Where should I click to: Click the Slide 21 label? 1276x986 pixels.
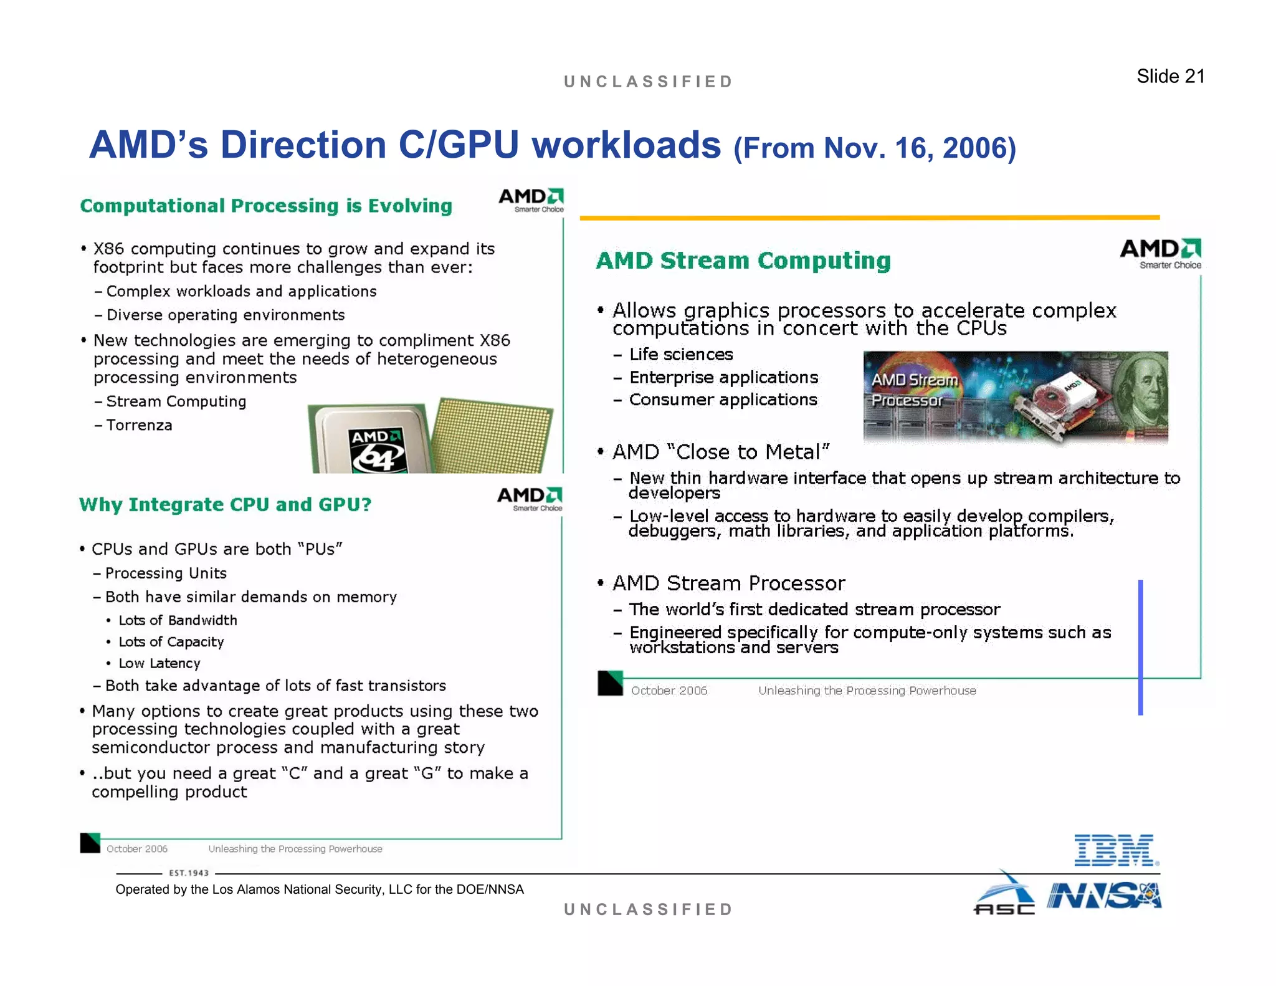pyautogui.click(x=1170, y=76)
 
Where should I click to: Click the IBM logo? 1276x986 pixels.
pyautogui.click(x=1116, y=850)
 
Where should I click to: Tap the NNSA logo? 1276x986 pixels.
pyautogui.click(x=1104, y=896)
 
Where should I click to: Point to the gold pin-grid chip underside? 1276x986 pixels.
pyautogui.click(x=492, y=436)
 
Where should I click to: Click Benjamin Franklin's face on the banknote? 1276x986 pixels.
pyautogui.click(x=1145, y=390)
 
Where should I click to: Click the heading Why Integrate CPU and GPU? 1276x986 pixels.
pyautogui.click(x=225, y=504)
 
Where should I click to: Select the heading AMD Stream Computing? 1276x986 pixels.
pyautogui.click(x=743, y=261)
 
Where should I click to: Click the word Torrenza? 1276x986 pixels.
pyautogui.click(x=139, y=425)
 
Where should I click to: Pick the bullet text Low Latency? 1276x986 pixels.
pyautogui.click(x=159, y=663)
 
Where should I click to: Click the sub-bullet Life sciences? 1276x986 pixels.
pyautogui.click(x=680, y=355)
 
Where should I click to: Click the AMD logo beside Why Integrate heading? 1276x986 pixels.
pyautogui.click(x=530, y=498)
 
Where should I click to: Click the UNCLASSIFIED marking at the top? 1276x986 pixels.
pyautogui.click(x=648, y=82)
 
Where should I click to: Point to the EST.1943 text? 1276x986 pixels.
pyautogui.click(x=189, y=873)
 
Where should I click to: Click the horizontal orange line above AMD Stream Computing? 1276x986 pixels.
pyautogui.click(x=869, y=218)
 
